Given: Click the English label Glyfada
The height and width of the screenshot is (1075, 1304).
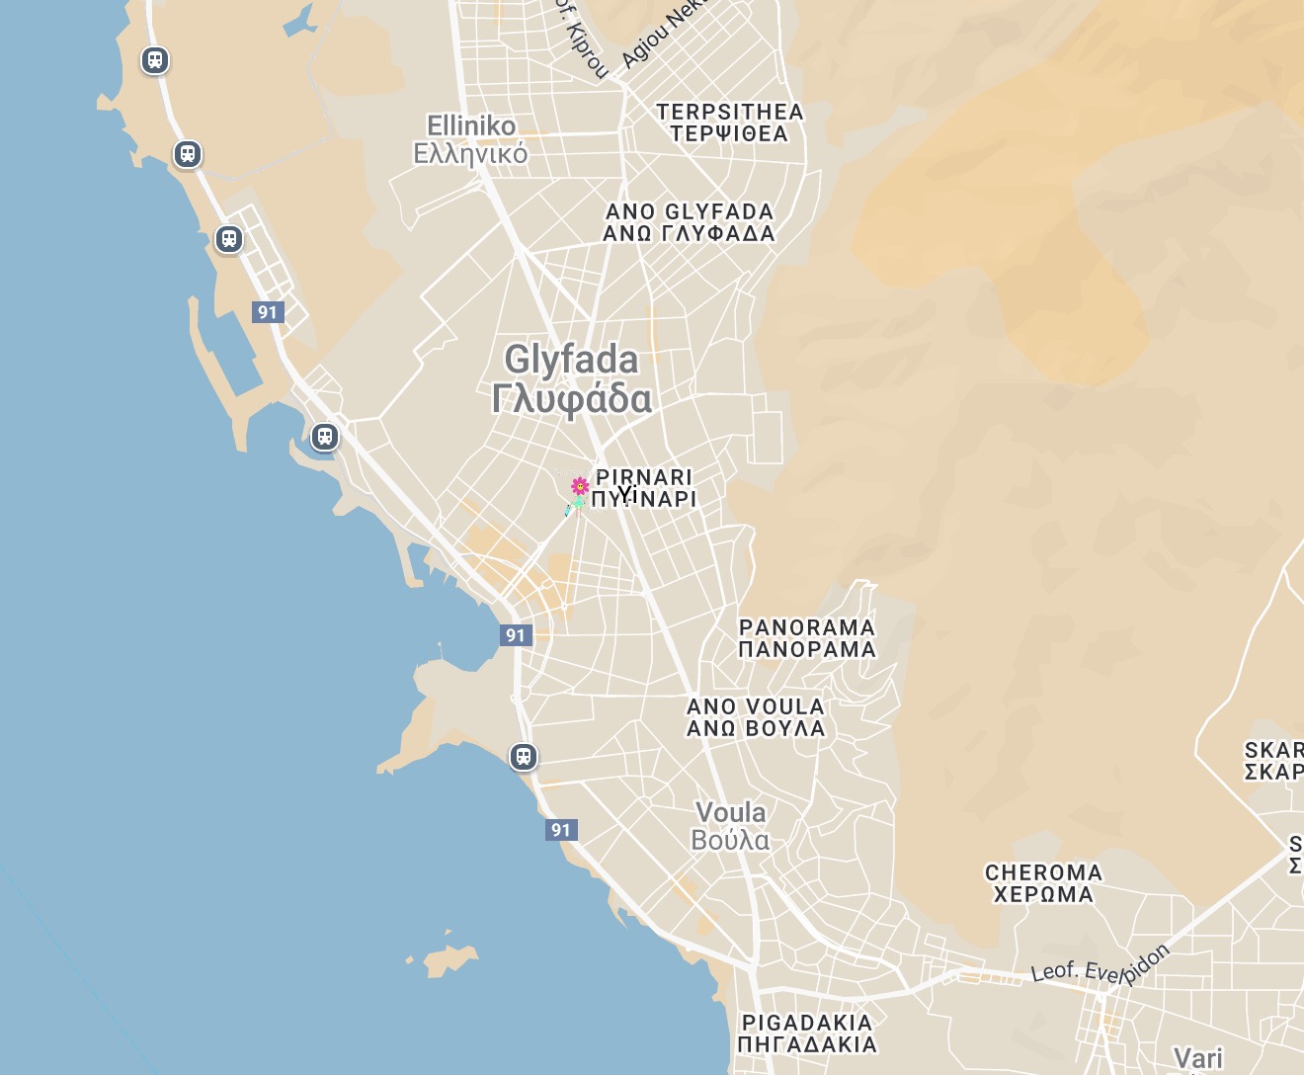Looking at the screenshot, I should (571, 360).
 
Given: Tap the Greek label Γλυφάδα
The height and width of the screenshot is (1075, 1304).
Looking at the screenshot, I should (571, 399).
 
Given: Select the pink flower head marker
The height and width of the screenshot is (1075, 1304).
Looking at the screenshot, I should (580, 485).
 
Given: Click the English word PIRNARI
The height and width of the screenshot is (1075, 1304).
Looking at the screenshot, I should (644, 477).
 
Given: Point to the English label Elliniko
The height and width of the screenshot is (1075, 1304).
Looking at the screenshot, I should (471, 126).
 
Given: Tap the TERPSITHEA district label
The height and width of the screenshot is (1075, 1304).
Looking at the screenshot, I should (730, 112).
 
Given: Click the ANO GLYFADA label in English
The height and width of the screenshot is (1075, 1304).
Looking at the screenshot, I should (690, 211).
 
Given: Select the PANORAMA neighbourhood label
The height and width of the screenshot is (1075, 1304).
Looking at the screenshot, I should (807, 627).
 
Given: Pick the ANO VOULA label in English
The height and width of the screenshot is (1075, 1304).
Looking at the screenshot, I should (756, 706).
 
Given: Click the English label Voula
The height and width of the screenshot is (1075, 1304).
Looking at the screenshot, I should (731, 813).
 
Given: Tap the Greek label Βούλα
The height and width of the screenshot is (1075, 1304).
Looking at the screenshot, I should (730, 841).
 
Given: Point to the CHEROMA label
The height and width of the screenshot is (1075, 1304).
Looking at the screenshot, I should (1043, 872).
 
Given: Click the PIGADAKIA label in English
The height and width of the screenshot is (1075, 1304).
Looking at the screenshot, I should (807, 1023).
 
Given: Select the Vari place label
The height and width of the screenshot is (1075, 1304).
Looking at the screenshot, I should (1198, 1059).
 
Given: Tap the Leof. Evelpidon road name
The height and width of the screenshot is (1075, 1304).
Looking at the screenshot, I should (1100, 965).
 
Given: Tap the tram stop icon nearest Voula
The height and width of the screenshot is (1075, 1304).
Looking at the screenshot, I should (524, 757).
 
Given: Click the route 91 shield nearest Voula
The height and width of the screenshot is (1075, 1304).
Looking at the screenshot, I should (561, 830).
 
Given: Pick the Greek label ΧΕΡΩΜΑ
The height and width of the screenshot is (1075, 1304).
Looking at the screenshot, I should (1043, 895).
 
